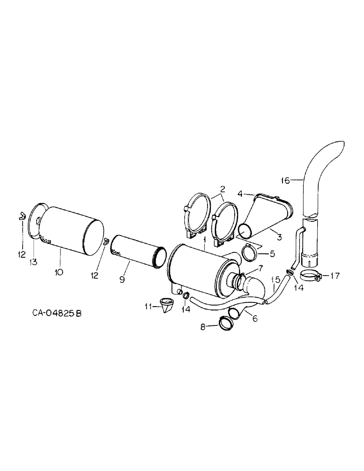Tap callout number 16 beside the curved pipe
[284, 179]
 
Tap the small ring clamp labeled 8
[225, 323]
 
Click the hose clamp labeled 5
[251, 255]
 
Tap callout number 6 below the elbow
[255, 319]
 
